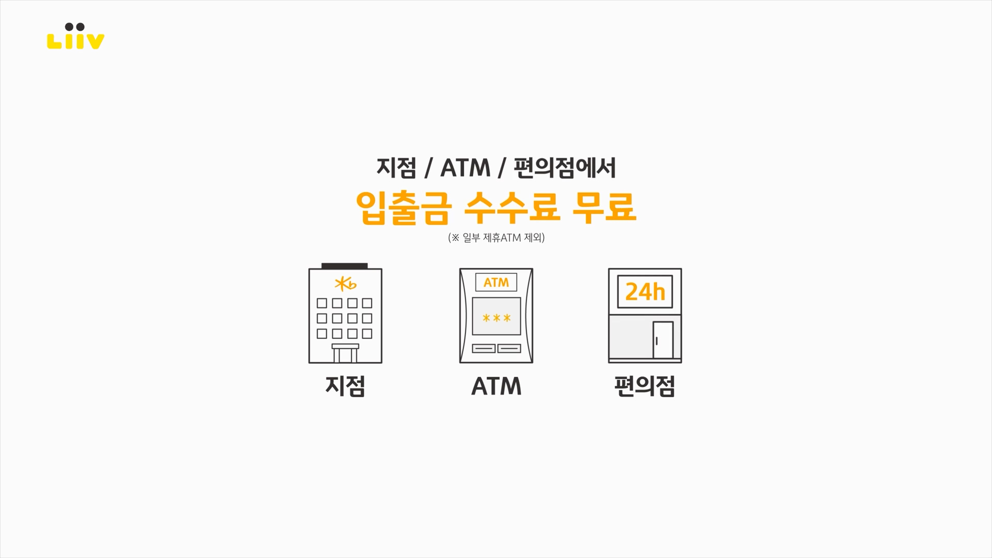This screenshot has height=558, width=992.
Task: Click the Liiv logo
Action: click(x=75, y=37)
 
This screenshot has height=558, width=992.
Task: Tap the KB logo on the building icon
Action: click(x=346, y=284)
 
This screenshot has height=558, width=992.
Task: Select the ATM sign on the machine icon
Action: click(x=496, y=283)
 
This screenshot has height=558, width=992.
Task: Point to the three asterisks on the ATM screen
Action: click(x=497, y=318)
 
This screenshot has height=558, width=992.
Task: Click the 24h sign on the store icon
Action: click(x=645, y=292)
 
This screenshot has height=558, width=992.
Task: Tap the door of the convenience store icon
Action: click(x=663, y=340)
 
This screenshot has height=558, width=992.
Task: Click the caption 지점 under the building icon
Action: click(x=345, y=386)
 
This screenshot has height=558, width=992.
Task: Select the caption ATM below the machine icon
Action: click(x=496, y=386)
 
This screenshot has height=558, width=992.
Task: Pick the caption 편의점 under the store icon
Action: click(x=645, y=386)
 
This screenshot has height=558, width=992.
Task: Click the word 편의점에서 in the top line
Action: click(x=564, y=168)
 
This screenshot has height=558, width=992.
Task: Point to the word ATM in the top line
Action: click(x=465, y=168)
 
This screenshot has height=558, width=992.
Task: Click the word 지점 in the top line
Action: click(x=396, y=168)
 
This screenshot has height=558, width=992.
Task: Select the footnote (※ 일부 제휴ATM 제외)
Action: click(x=496, y=238)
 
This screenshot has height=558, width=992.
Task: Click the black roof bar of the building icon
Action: click(x=345, y=266)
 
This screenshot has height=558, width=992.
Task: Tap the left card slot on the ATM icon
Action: click(x=484, y=349)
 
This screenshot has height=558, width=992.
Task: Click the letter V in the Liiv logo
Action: click(x=94, y=41)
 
